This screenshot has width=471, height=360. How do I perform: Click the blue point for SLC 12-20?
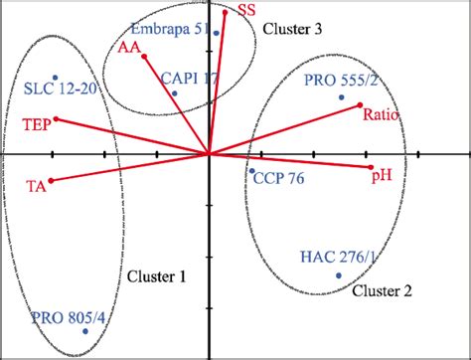click(x=56, y=78)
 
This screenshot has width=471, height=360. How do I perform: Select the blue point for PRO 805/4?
click(x=85, y=331)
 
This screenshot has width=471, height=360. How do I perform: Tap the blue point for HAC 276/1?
click(x=339, y=275)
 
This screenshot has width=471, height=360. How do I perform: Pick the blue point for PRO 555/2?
click(x=341, y=97)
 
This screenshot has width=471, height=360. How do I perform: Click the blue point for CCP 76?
click(x=251, y=170)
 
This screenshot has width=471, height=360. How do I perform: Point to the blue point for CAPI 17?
click(x=174, y=94)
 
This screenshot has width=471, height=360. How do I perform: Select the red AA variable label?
click(x=128, y=47)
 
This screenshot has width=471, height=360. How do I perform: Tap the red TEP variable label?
click(x=34, y=125)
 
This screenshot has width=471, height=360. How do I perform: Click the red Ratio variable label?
click(x=382, y=116)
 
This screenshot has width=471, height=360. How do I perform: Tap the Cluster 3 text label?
click(x=292, y=30)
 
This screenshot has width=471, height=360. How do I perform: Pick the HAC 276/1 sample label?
click(x=338, y=258)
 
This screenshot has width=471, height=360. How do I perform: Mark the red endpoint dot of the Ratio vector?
click(x=360, y=106)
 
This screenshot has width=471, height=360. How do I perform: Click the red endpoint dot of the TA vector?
click(x=51, y=181)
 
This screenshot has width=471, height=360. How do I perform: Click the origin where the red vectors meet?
click(x=209, y=154)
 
